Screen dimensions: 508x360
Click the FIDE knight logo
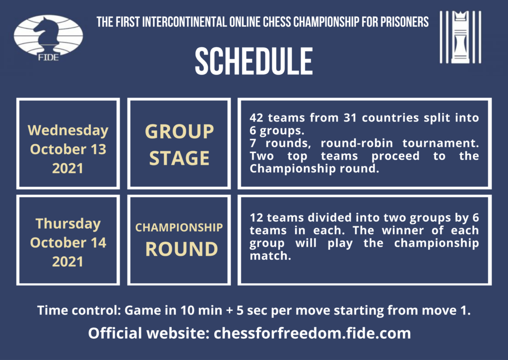click(49, 38)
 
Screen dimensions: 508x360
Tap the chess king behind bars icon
click(460, 37)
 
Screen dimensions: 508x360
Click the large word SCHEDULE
click(254, 61)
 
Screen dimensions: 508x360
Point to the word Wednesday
click(68, 130)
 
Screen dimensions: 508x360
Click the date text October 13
click(68, 149)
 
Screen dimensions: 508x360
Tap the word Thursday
click(68, 224)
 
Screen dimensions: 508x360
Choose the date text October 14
click(68, 242)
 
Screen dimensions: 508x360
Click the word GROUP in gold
click(179, 132)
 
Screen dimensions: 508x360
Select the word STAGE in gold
click(179, 158)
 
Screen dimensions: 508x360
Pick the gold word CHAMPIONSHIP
click(179, 227)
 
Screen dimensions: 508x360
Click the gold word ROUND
click(182, 249)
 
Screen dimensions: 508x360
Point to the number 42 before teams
click(256, 118)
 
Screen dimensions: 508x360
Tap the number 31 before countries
click(350, 118)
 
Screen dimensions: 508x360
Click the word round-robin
click(357, 143)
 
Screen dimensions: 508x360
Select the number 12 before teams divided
click(256, 218)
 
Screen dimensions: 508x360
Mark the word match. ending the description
click(270, 256)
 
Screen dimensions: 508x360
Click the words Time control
click(79, 310)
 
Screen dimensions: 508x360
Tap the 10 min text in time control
click(201, 310)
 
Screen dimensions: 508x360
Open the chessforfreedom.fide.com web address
click(313, 333)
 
